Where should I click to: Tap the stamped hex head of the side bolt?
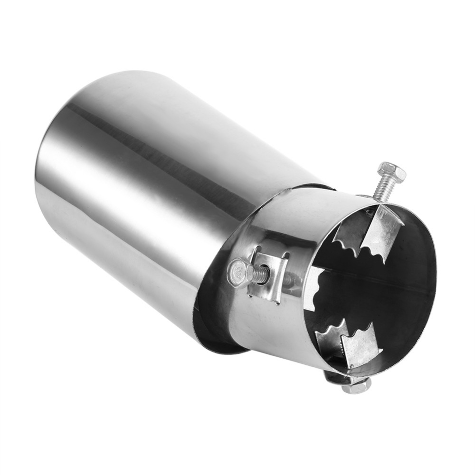tap(237, 273)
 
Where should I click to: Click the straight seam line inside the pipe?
tap(380, 280)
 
